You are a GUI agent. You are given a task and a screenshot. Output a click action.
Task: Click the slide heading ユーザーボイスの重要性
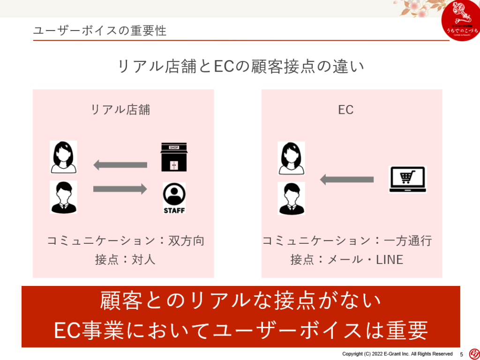point(100,31)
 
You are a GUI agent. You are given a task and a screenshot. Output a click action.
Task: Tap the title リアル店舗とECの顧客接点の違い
point(240,66)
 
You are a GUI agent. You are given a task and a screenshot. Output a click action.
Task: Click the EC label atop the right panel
point(345,110)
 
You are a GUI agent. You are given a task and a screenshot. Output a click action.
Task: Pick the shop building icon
point(173,157)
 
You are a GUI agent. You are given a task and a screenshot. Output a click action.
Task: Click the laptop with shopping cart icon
point(407,180)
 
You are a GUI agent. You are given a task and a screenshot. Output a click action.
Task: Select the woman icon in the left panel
point(64,157)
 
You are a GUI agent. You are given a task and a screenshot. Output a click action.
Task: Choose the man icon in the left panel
point(64,197)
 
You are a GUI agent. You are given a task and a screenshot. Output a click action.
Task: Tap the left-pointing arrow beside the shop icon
point(120,165)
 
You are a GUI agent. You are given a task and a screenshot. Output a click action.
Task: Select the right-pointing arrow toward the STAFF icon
point(120,189)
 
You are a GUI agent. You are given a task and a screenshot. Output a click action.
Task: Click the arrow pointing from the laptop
point(346,180)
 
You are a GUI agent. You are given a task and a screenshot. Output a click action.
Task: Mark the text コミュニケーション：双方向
point(126,241)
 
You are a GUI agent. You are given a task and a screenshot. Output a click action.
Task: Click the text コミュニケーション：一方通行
point(347,241)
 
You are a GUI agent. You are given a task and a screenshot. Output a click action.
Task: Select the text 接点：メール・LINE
point(347,259)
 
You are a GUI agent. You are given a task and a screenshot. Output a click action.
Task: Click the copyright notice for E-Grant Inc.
point(397,354)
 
